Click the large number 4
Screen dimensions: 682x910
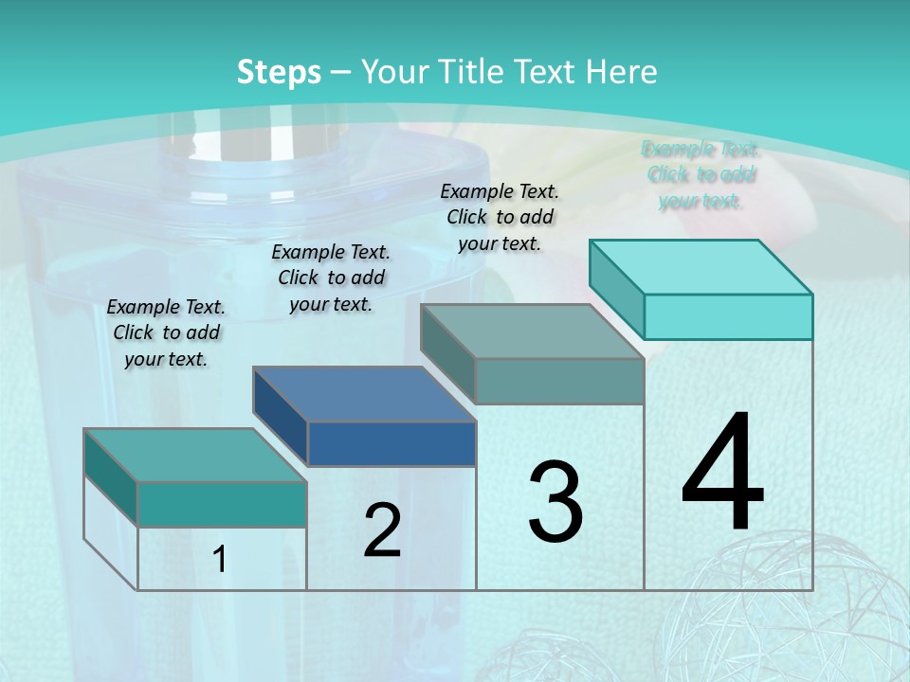tap(722, 474)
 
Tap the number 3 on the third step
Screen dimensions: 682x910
tap(555, 501)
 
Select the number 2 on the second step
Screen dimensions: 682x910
tap(382, 530)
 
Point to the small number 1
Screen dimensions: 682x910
tap(220, 560)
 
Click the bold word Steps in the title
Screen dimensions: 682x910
tap(279, 72)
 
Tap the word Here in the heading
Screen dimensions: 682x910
tap(623, 72)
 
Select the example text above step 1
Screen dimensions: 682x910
tap(166, 332)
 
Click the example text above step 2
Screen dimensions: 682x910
tap(331, 278)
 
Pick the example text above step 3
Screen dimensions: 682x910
tap(500, 217)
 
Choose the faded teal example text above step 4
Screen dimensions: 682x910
tap(701, 174)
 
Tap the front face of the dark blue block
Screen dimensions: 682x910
tap(391, 443)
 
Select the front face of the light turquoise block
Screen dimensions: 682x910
tap(728, 316)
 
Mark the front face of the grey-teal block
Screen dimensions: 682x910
tap(559, 381)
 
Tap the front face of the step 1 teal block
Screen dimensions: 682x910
tap(222, 504)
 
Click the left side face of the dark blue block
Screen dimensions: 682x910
tap(281, 418)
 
